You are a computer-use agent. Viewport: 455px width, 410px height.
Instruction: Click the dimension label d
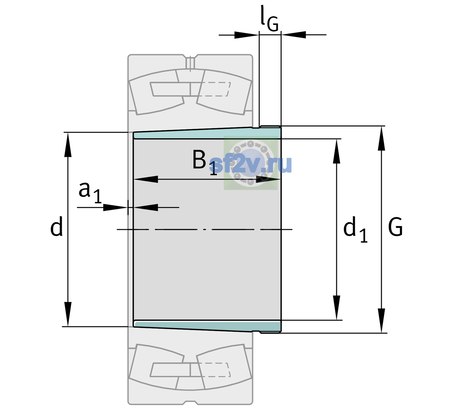click(x=56, y=226)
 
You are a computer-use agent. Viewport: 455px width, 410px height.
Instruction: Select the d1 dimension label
click(x=355, y=229)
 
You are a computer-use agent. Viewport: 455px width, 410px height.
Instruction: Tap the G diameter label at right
click(x=395, y=227)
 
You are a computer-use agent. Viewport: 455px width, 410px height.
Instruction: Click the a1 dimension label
click(x=90, y=192)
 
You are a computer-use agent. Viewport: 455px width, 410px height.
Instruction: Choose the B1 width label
click(x=205, y=162)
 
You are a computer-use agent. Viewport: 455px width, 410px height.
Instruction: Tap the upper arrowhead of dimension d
click(x=68, y=145)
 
